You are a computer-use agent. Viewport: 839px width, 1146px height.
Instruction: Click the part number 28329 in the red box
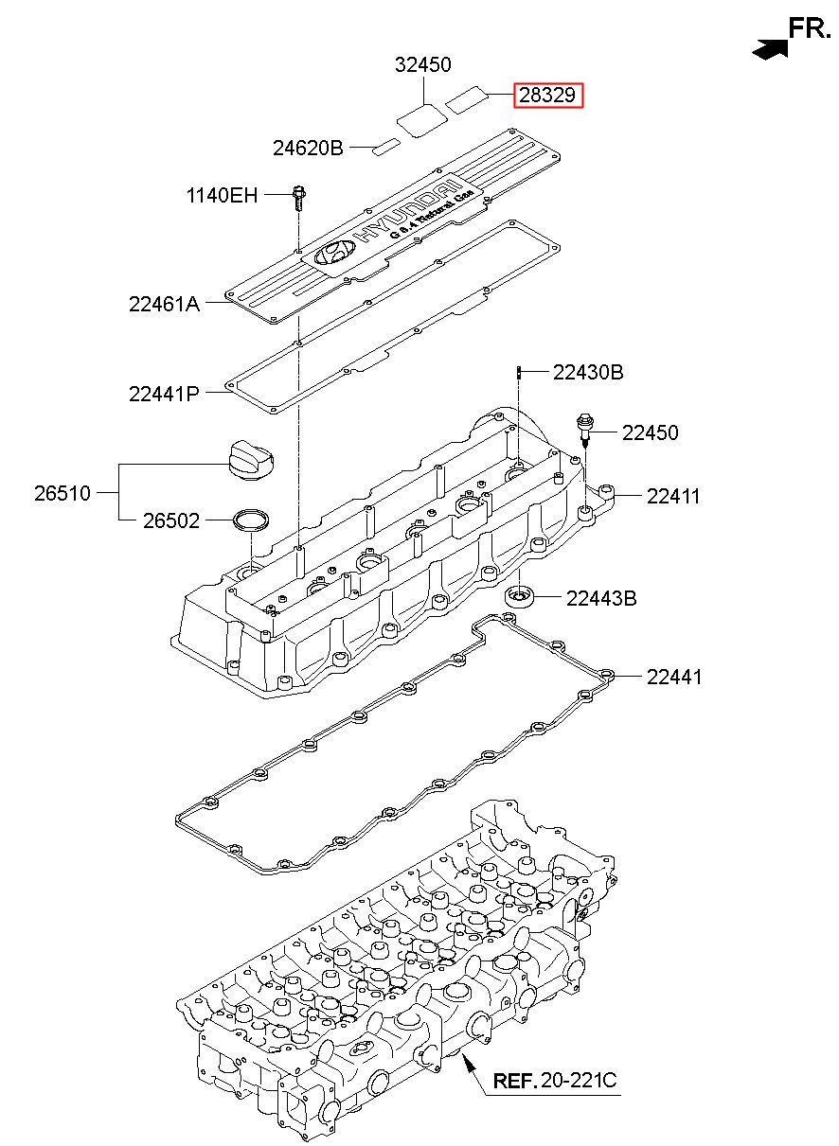tap(547, 96)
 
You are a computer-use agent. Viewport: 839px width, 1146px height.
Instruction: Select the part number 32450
tap(423, 65)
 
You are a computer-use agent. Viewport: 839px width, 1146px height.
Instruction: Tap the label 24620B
tap(308, 149)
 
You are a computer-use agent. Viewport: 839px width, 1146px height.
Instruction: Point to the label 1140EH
tap(223, 195)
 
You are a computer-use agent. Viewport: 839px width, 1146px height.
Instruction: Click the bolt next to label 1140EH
tap(299, 199)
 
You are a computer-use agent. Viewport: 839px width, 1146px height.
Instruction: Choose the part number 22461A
tap(164, 305)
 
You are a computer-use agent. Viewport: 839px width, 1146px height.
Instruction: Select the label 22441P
tap(164, 394)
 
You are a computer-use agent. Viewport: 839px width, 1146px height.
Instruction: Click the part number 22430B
tap(588, 373)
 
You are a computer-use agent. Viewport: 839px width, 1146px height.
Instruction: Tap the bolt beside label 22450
tap(584, 431)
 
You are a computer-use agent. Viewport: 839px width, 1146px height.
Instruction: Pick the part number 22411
tap(673, 496)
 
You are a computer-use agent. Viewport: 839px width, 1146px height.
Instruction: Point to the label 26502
tap(171, 520)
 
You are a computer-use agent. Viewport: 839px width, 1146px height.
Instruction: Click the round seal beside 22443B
tap(520, 596)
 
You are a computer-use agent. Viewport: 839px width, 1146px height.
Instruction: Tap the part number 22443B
tap(601, 598)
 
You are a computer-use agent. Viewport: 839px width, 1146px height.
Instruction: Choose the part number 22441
tap(674, 677)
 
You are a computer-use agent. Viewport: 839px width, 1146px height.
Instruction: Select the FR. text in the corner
tap(810, 28)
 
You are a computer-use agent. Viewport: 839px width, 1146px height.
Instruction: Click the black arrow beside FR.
tap(770, 49)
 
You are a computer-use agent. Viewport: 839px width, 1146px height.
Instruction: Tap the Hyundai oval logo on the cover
tap(333, 253)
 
